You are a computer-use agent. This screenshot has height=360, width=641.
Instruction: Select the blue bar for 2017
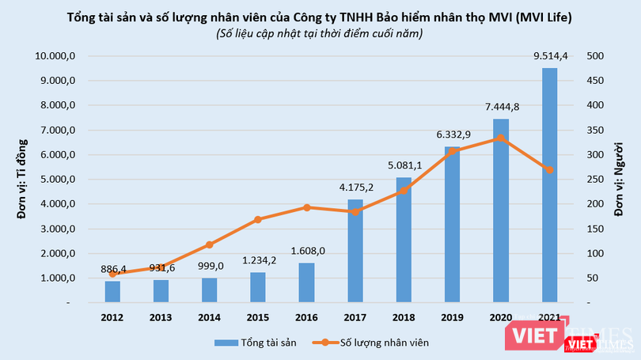coord(355,251)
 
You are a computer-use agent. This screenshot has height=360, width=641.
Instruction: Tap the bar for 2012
coord(113,292)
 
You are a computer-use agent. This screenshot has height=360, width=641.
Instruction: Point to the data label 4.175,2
coord(355,188)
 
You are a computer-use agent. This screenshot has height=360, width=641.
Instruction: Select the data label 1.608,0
coord(307,252)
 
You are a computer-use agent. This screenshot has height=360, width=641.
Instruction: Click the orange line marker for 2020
coord(500,138)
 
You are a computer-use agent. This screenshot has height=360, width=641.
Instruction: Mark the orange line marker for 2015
coord(259,219)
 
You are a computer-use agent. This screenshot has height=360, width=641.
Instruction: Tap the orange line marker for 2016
coord(307,207)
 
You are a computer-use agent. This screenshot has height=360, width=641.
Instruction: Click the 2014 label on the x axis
coord(210,317)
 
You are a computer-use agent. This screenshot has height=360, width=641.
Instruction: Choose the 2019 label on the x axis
coord(452,317)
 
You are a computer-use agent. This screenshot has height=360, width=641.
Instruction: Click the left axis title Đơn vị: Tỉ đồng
coord(23,178)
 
